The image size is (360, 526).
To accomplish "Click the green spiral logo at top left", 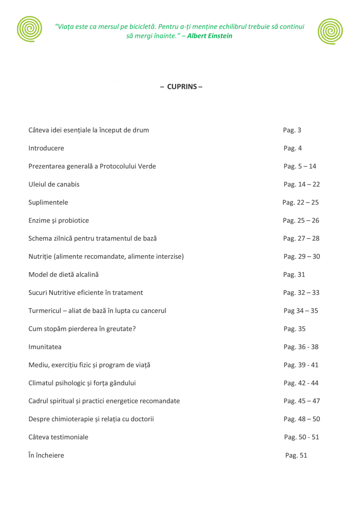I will (29, 29).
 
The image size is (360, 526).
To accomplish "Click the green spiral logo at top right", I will (330, 31).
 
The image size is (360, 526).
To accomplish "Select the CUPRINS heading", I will (181, 87).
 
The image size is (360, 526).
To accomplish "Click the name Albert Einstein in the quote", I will (210, 36).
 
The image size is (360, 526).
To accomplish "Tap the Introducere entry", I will (46, 148).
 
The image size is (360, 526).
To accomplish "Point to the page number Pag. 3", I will (292, 130).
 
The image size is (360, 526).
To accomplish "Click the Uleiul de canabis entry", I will (54, 184).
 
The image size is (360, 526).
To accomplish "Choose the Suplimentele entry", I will (48, 202).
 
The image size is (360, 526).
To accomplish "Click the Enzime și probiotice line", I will (59, 221).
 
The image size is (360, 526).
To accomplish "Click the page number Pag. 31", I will (294, 275).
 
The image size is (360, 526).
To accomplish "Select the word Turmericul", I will (46, 311).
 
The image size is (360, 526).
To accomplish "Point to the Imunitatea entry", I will (45, 347).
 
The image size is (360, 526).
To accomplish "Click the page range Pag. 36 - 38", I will (301, 347).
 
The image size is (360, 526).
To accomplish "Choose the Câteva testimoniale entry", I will (58, 437).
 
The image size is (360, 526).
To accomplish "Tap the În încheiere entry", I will (46, 456).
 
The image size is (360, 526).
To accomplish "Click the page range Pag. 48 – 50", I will (301, 419).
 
